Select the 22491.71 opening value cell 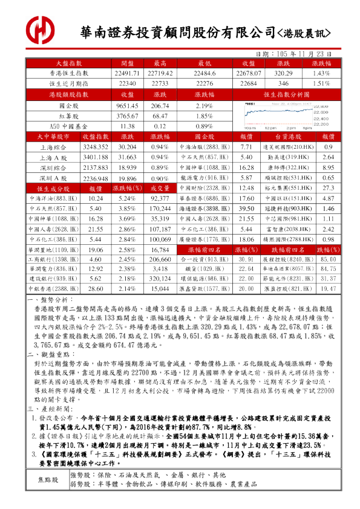(127, 73)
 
